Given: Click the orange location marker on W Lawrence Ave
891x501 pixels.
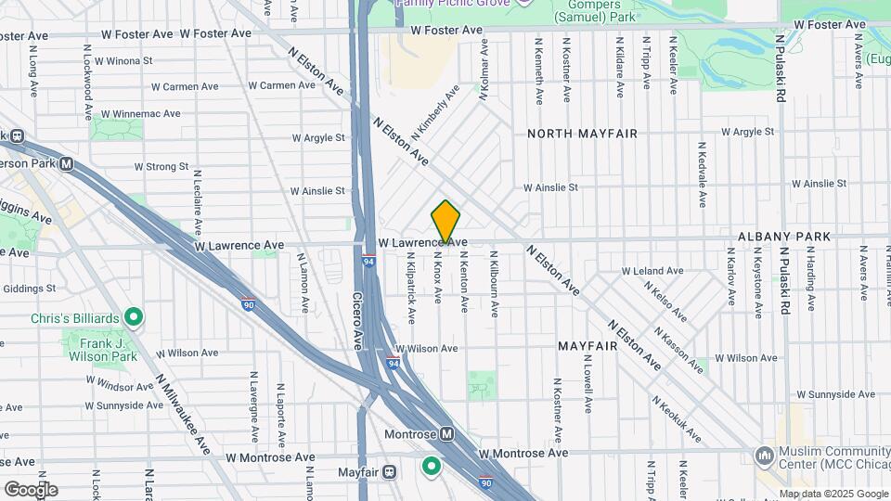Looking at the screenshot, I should pos(445,223).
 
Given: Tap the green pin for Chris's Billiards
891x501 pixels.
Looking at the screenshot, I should pos(134,318).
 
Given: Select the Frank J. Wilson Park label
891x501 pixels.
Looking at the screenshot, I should pos(102,349).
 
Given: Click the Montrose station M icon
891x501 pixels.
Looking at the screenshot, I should pos(446,433).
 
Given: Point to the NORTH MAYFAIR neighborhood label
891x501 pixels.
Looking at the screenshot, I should pos(582,134).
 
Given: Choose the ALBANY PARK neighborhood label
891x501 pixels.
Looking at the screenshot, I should pos(784,237).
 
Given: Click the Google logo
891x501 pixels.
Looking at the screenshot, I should pos(31,489).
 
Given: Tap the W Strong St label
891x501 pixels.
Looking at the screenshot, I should pos(161,167).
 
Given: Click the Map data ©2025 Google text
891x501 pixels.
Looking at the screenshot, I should pos(832,494).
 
